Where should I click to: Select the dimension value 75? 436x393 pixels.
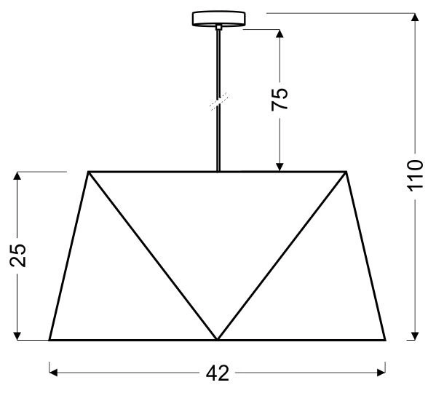280,98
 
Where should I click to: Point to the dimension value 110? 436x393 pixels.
414,175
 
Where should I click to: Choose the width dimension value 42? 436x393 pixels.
217,373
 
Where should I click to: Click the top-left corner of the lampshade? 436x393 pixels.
89,172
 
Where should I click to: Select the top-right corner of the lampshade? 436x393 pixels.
345,172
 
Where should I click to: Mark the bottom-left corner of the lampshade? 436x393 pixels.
49,340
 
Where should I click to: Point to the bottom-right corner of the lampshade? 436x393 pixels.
385,340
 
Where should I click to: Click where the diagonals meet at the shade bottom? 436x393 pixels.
217,340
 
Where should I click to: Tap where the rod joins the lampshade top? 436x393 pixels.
218,172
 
